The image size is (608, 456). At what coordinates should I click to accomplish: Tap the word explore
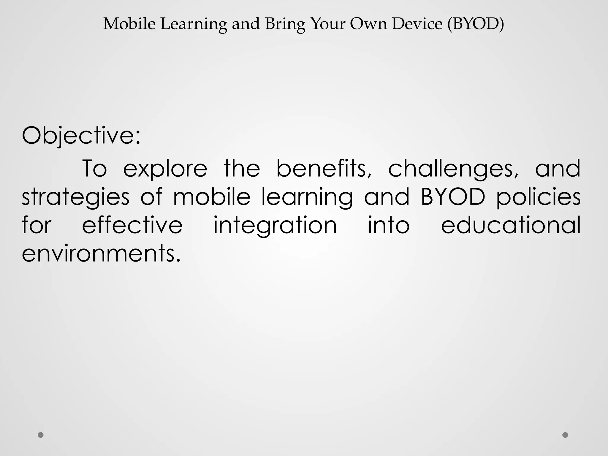pyautogui.click(x=165, y=169)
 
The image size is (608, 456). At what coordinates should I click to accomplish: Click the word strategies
pyautogui.click(x=76, y=197)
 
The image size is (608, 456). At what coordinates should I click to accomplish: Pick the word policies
pyautogui.click(x=538, y=197)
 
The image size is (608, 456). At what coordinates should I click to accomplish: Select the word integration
pyautogui.click(x=275, y=226)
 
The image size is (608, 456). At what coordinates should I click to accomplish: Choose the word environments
pyautogui.click(x=101, y=254)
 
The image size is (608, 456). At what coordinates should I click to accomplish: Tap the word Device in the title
pyautogui.click(x=417, y=24)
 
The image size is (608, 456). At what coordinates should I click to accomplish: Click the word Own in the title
pyautogui.click(x=368, y=24)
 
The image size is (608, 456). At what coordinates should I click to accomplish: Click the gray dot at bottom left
pyautogui.click(x=41, y=435)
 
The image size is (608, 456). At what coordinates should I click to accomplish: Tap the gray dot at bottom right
pyautogui.click(x=565, y=435)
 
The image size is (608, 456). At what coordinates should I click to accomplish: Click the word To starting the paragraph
pyautogui.click(x=94, y=168)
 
